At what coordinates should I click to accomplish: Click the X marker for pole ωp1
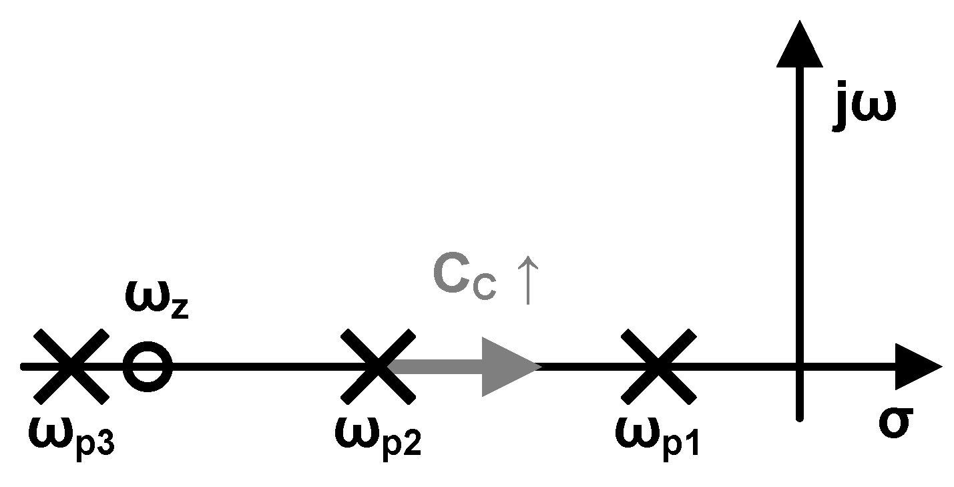(x=658, y=366)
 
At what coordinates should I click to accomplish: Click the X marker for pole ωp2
(x=377, y=366)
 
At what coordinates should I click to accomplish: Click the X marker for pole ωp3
(x=70, y=366)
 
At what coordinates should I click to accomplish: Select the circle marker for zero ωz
(x=148, y=366)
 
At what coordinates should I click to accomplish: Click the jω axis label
(x=865, y=110)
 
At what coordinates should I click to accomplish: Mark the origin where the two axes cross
(x=799, y=366)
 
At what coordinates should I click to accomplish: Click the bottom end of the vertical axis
(x=799, y=417)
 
